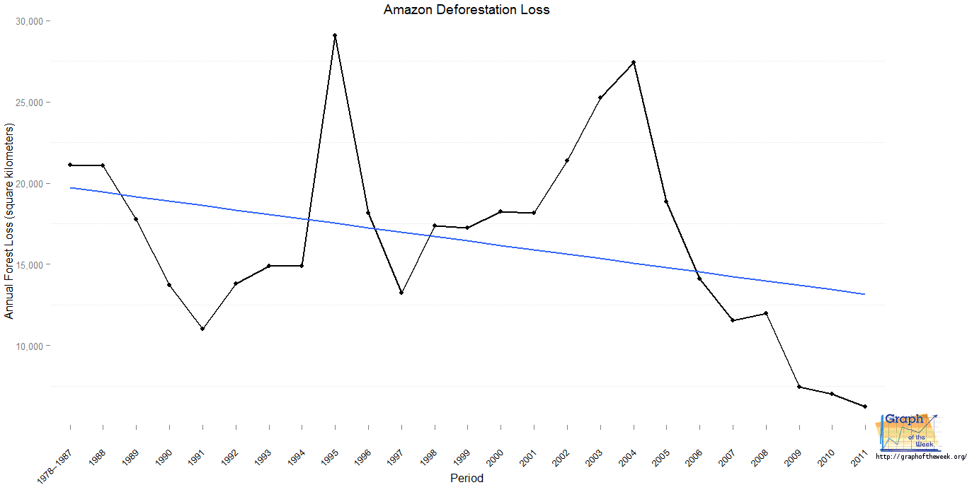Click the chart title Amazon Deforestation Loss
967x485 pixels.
pos(467,10)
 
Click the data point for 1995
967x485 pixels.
pos(335,35)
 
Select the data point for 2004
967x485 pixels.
pos(634,62)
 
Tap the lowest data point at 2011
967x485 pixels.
pos(865,407)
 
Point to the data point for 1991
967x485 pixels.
pos(202,329)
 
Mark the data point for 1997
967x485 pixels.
pos(401,293)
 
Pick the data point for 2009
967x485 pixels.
pos(799,387)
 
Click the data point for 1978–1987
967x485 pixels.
pos(70,165)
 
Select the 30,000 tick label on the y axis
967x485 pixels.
pos(28,21)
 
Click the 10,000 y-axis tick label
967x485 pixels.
pos(28,346)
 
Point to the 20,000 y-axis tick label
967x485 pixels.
pos(28,184)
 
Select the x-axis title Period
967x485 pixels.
pos(467,478)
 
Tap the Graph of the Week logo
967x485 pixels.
pos(909,432)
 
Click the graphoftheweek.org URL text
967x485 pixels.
pos(920,457)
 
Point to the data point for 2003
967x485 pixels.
pos(600,98)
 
